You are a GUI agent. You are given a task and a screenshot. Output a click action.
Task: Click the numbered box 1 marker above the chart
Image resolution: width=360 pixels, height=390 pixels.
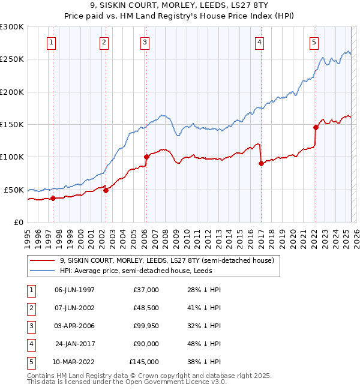(x=52, y=43)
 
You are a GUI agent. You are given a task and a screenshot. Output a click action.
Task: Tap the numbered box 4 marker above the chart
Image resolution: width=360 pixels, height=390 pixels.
(x=259, y=43)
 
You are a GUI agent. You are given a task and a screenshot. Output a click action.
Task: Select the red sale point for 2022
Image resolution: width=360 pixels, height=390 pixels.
(x=316, y=127)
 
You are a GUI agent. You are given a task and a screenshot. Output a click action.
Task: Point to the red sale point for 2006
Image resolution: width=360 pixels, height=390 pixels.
(x=146, y=157)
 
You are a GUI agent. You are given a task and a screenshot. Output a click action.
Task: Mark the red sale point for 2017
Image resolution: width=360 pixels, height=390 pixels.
(x=261, y=163)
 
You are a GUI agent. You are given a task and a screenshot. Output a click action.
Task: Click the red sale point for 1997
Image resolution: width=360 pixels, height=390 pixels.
(x=53, y=198)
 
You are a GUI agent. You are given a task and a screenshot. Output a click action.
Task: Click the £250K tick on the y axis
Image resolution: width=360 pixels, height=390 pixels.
(x=12, y=59)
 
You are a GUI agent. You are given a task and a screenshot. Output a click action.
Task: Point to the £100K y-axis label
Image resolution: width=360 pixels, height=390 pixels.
(x=12, y=157)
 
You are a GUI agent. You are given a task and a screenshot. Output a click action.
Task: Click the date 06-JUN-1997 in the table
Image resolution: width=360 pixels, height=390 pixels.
(x=74, y=290)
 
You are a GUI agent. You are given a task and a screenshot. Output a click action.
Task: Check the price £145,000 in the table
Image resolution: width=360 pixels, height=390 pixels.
(x=143, y=362)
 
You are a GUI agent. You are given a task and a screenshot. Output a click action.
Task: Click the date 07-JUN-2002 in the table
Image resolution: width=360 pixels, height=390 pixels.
(x=74, y=308)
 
